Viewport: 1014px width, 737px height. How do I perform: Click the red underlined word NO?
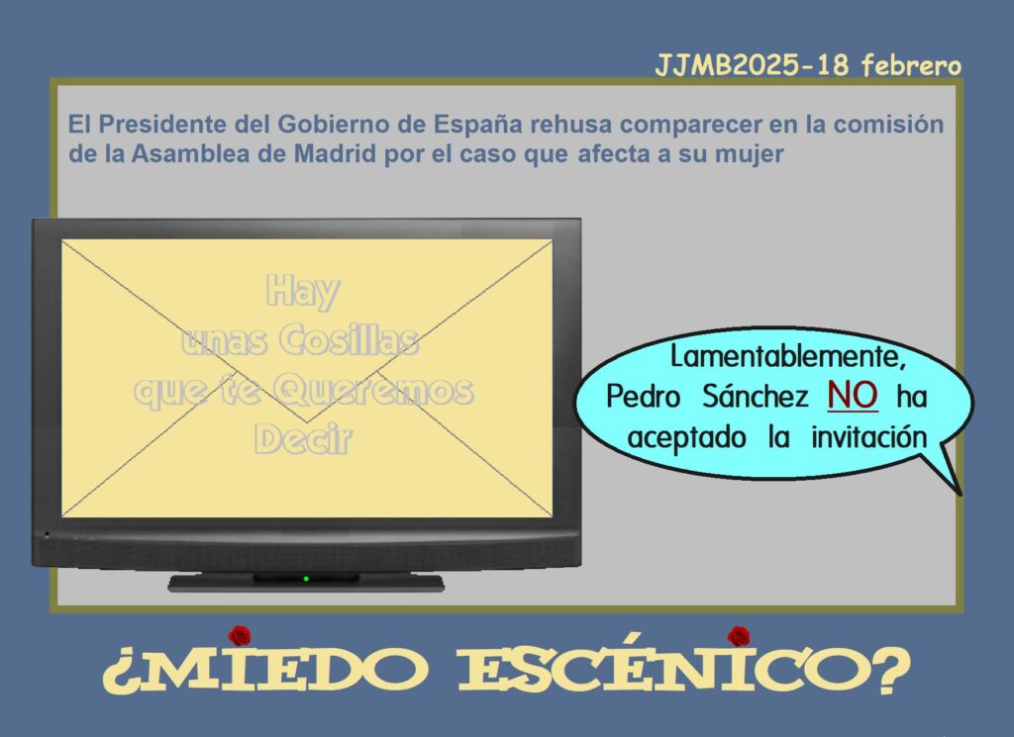click(x=853, y=396)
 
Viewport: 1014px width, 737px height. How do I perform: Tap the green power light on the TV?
click(x=306, y=579)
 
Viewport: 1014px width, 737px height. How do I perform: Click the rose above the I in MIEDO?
click(x=240, y=636)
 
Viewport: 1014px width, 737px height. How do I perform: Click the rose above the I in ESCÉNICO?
click(x=738, y=636)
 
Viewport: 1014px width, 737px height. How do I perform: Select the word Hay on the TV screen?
click(x=302, y=291)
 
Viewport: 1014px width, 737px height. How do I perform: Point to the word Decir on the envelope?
click(x=303, y=439)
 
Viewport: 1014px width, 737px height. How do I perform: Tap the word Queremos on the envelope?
click(x=373, y=392)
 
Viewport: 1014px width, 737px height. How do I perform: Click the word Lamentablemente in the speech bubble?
click(x=787, y=356)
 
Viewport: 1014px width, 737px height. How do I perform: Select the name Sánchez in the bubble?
click(x=755, y=396)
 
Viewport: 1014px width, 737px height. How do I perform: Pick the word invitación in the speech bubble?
click(x=869, y=436)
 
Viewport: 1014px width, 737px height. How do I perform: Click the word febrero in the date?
click(x=911, y=65)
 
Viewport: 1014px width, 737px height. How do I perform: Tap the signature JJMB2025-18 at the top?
click(x=751, y=65)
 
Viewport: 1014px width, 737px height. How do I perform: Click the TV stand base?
click(x=306, y=583)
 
